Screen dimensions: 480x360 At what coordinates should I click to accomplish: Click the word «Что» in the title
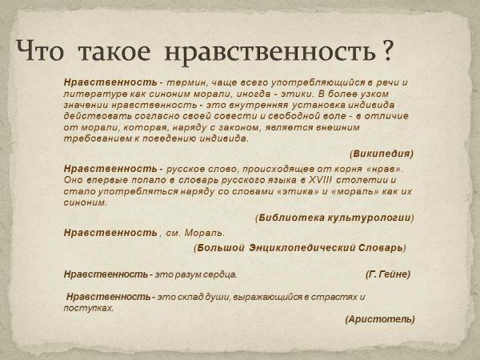(40, 51)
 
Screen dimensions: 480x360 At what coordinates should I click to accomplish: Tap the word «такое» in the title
(114, 52)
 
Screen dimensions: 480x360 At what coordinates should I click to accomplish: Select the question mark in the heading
(387, 50)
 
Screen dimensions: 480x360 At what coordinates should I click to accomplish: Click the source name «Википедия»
(382, 154)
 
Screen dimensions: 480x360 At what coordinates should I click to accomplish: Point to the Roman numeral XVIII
(320, 180)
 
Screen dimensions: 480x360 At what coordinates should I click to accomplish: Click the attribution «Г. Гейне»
(388, 274)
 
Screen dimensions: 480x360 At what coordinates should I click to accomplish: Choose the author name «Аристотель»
(380, 319)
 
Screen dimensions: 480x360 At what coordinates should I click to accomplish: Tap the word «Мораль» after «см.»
(205, 233)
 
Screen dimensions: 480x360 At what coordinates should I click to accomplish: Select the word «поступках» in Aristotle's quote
(88, 308)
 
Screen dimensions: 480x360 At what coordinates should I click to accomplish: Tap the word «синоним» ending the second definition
(85, 202)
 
